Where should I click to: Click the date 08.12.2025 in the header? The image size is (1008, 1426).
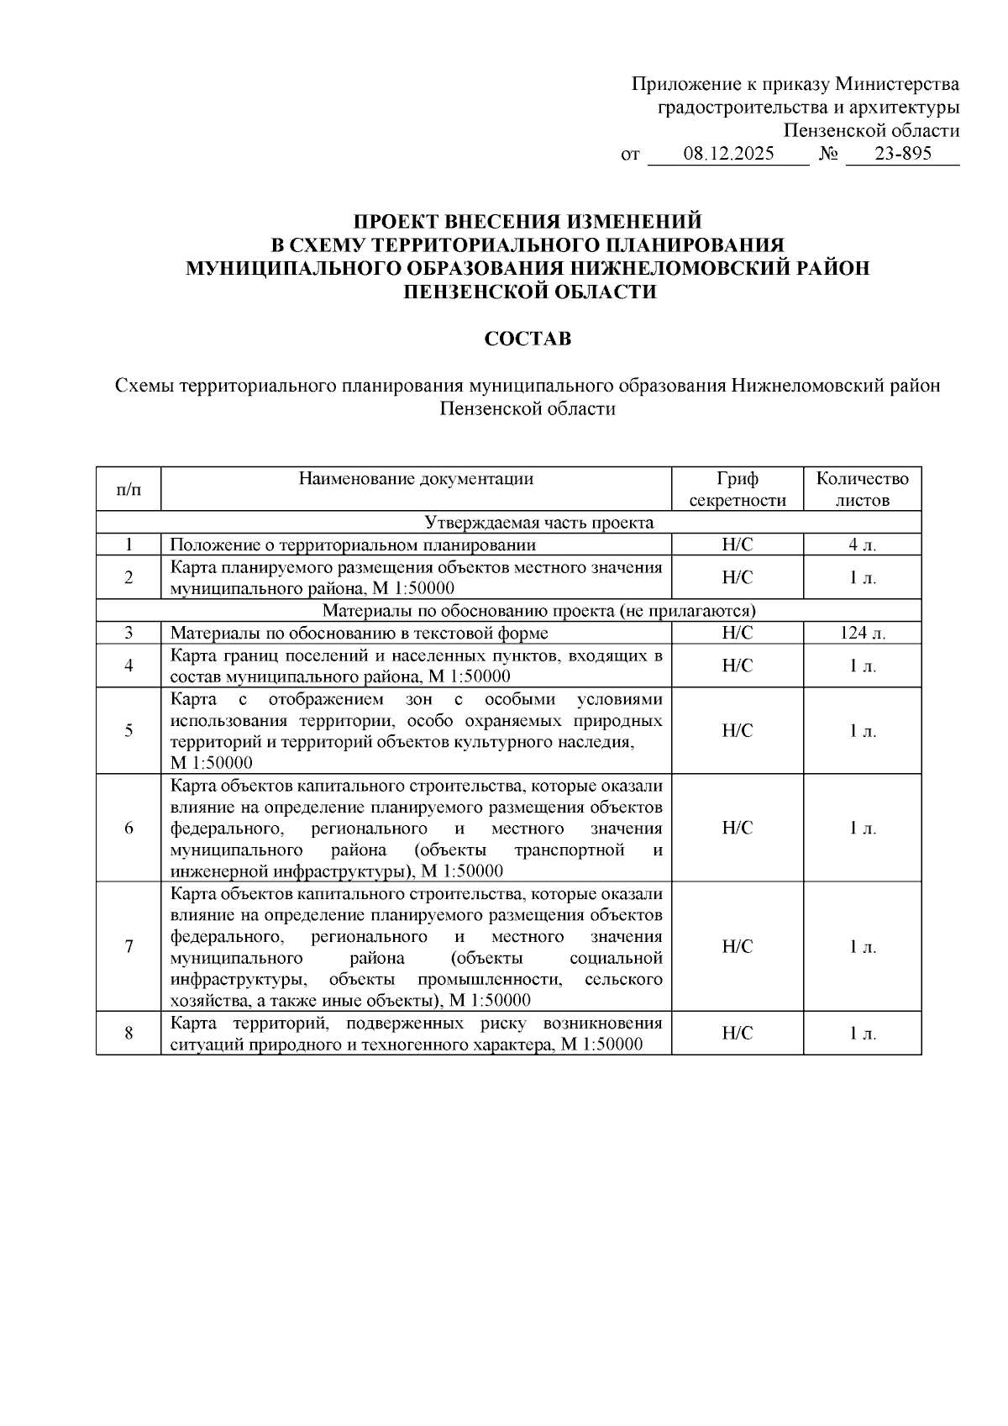[x=728, y=155]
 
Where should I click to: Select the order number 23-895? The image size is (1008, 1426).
[x=902, y=155]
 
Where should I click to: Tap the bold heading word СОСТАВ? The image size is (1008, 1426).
[x=528, y=339]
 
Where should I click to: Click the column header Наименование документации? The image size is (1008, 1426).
[x=416, y=480]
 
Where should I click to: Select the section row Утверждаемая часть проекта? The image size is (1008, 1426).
[x=538, y=523]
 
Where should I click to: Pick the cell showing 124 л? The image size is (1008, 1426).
[x=862, y=633]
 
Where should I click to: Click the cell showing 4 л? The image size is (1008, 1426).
[x=862, y=545]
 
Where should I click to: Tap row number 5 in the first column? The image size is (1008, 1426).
[x=129, y=730]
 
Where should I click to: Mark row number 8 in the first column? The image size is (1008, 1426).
[x=129, y=1033]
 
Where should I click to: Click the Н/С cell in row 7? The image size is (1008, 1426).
[x=737, y=946]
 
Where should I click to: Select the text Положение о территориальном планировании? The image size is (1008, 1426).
[x=353, y=545]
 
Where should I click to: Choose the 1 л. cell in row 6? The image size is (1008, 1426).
[x=862, y=828]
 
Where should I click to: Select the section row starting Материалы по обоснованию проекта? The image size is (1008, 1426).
[x=538, y=610]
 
